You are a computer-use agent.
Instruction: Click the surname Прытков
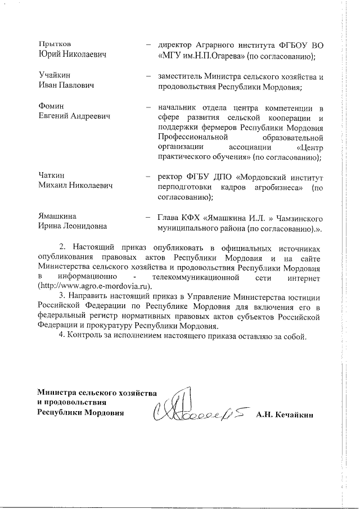point(54,44)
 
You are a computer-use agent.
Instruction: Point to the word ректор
point(172,176)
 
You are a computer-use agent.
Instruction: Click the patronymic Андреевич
point(91,116)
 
